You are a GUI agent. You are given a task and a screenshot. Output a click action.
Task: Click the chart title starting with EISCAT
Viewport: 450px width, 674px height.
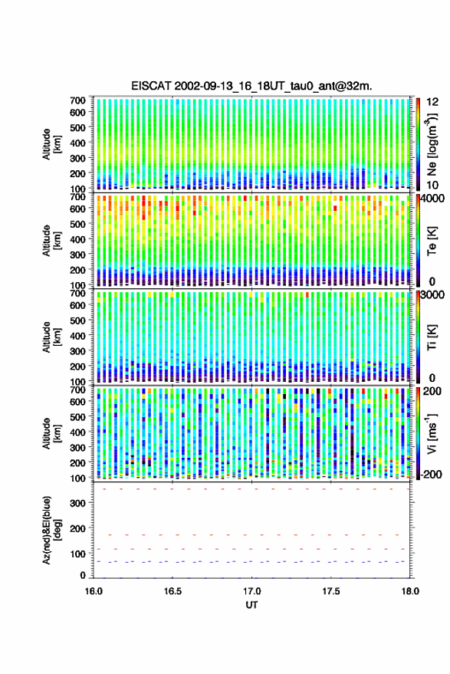point(251,86)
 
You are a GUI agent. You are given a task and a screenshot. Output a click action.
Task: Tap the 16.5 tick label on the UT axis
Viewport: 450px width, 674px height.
point(172,591)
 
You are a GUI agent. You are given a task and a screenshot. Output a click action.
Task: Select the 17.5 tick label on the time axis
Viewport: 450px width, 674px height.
point(330,591)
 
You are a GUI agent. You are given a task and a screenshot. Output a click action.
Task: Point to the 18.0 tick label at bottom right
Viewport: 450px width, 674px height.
point(410,591)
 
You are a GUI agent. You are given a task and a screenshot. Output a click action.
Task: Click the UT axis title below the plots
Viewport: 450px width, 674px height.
point(251,605)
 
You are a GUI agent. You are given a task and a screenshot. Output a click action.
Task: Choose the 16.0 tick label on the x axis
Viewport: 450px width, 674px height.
point(94,591)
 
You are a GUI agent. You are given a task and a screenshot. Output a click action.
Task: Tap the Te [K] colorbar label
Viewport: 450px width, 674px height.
point(432,241)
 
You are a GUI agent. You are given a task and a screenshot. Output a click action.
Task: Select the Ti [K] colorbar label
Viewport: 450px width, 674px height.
point(432,338)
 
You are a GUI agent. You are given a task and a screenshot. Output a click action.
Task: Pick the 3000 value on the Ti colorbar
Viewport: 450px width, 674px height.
point(432,295)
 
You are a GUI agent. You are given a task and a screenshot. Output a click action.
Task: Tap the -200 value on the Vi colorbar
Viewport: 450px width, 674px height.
point(432,475)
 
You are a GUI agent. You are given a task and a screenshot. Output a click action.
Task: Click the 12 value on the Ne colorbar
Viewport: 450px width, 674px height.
point(433,102)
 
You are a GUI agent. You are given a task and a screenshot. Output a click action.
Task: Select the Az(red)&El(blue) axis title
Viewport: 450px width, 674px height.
point(52,531)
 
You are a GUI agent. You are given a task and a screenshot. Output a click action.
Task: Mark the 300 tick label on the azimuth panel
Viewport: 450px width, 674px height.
point(77,503)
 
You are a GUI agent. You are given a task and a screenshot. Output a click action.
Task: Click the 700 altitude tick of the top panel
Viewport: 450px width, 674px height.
point(77,100)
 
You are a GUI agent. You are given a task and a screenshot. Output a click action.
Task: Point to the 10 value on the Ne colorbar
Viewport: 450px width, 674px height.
point(432,186)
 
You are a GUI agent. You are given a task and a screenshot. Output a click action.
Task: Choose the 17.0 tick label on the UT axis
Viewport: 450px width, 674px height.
point(251,591)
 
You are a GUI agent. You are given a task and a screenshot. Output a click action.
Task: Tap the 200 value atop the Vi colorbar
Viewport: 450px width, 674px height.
point(432,391)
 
